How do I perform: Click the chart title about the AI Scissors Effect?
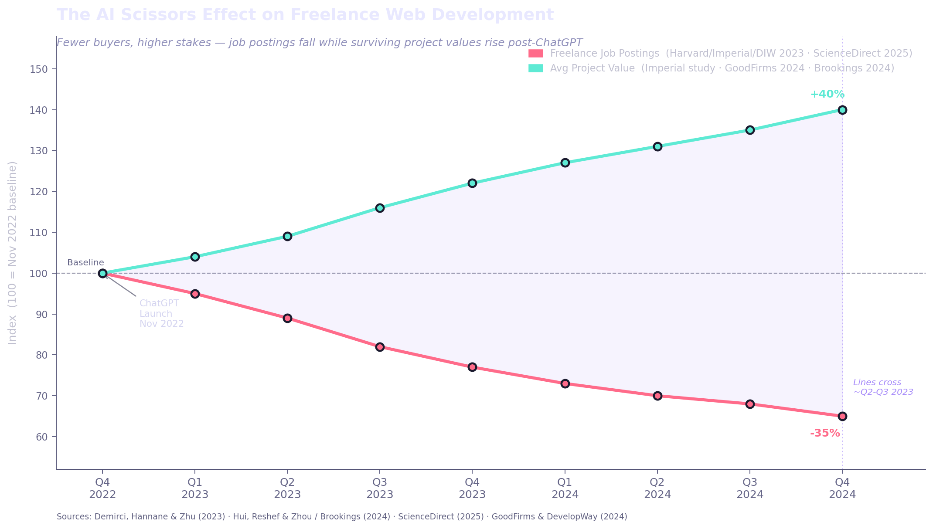[305, 15]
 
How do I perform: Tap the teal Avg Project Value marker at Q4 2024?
[842, 110]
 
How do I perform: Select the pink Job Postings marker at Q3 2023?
[380, 347]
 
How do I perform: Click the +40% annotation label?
[827, 94]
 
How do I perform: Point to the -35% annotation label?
[825, 433]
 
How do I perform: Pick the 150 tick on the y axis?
[39, 69]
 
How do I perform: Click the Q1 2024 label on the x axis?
[565, 488]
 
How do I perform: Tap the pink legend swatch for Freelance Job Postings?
[536, 54]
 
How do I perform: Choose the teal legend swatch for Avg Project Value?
[536, 68]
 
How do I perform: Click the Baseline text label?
[85, 263]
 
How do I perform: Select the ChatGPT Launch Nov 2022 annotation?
[161, 314]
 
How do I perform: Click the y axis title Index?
[13, 253]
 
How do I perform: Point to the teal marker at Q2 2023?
[287, 237]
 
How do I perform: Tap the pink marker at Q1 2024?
[565, 383]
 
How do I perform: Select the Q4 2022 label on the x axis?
[102, 488]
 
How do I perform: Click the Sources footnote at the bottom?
[342, 517]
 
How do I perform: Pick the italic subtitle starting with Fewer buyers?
[320, 43]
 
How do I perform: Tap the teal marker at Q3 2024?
[750, 130]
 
